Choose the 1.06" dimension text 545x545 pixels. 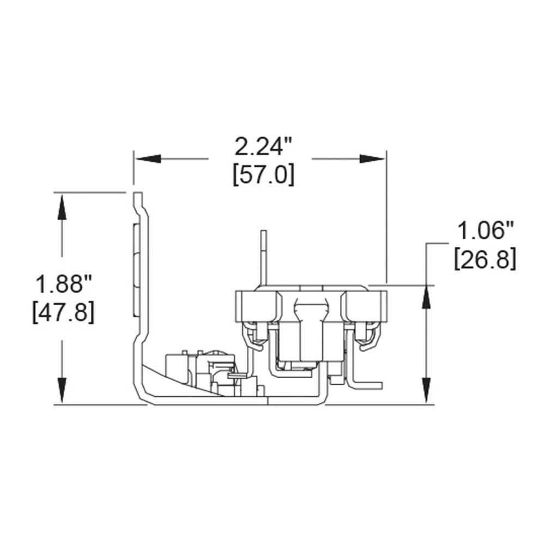(485, 231)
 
